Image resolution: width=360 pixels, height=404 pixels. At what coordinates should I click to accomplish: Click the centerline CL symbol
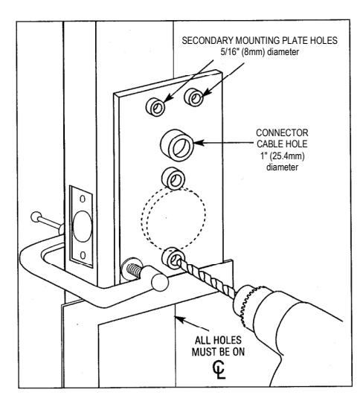pyautogui.click(x=219, y=370)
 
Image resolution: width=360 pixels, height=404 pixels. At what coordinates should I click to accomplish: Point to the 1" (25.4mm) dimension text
pyautogui.click(x=282, y=156)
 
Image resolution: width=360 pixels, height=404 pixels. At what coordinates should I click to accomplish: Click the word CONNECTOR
pyautogui.click(x=282, y=133)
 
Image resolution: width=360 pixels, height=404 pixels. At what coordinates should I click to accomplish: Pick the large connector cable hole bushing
pyautogui.click(x=177, y=145)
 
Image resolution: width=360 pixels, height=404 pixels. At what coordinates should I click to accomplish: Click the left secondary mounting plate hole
pyautogui.click(x=155, y=106)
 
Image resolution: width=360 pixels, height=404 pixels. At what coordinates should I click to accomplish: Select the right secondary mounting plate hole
pyautogui.click(x=193, y=97)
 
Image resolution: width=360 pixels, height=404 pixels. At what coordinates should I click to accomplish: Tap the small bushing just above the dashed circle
pyautogui.click(x=173, y=179)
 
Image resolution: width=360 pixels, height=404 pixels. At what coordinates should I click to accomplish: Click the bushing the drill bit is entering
pyautogui.click(x=173, y=258)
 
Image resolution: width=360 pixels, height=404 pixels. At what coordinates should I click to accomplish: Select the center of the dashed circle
pyautogui.click(x=173, y=218)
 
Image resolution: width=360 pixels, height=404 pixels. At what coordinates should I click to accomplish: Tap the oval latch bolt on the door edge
pyautogui.click(x=83, y=226)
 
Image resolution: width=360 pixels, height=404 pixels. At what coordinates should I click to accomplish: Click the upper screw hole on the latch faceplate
pyautogui.click(x=83, y=199)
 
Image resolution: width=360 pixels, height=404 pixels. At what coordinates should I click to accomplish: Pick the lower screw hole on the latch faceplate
pyautogui.click(x=83, y=255)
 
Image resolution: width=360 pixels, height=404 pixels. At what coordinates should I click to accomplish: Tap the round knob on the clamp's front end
pyautogui.click(x=160, y=283)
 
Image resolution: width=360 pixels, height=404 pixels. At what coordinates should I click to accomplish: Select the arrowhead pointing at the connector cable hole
pyautogui.click(x=199, y=143)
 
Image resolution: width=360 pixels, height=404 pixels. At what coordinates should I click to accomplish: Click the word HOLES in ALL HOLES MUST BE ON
pyautogui.click(x=228, y=340)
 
